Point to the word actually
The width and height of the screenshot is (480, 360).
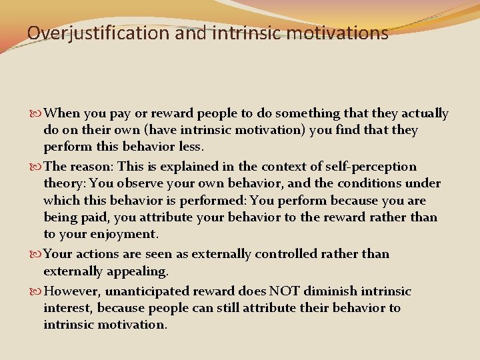pyautogui.click(x=425, y=114)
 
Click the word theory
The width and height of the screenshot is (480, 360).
pyautogui.click(x=64, y=184)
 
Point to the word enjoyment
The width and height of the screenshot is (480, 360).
pyautogui.click(x=126, y=234)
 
